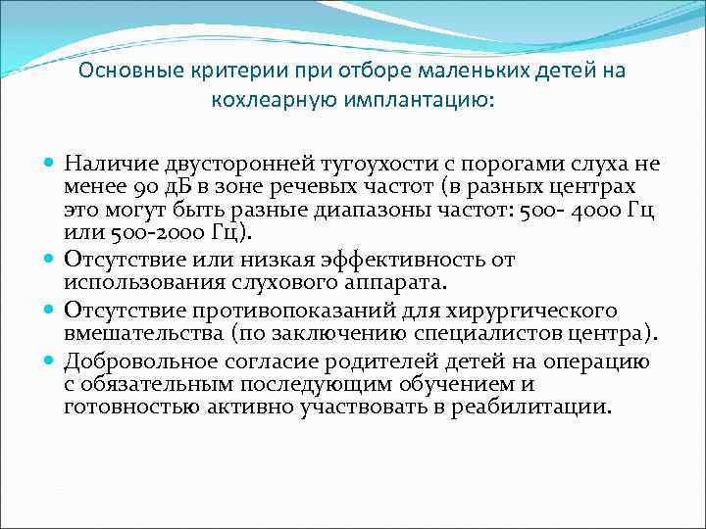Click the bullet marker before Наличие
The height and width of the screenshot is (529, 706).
50,164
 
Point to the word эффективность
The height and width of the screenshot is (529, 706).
405,260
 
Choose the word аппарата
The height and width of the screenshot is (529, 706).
398,283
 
